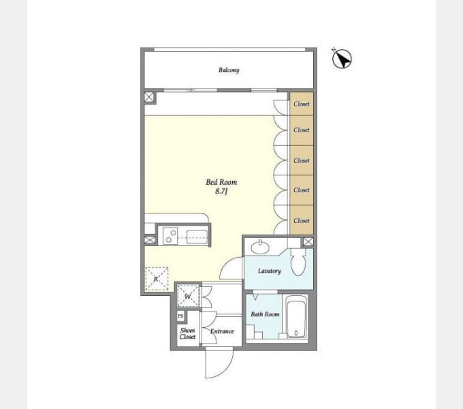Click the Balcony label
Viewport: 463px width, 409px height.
(229, 70)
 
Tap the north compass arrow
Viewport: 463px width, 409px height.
(342, 59)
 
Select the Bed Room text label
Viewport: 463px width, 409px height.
(221, 182)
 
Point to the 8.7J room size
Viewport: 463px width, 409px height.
(221, 191)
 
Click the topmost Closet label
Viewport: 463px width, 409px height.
(302, 104)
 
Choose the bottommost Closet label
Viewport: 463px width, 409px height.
(302, 220)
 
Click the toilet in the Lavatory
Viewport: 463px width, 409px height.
(298, 262)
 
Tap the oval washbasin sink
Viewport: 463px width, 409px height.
(260, 247)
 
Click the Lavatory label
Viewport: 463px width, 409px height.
(270, 271)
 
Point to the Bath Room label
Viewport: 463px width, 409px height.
(265, 314)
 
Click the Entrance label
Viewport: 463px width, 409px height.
(222, 331)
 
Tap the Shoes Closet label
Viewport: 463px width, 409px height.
(187, 333)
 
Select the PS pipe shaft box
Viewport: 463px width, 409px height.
(180, 316)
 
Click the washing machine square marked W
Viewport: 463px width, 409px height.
(188, 296)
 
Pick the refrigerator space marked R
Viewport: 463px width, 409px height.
(157, 279)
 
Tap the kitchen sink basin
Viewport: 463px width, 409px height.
(197, 237)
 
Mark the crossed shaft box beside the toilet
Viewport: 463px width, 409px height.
(308, 242)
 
